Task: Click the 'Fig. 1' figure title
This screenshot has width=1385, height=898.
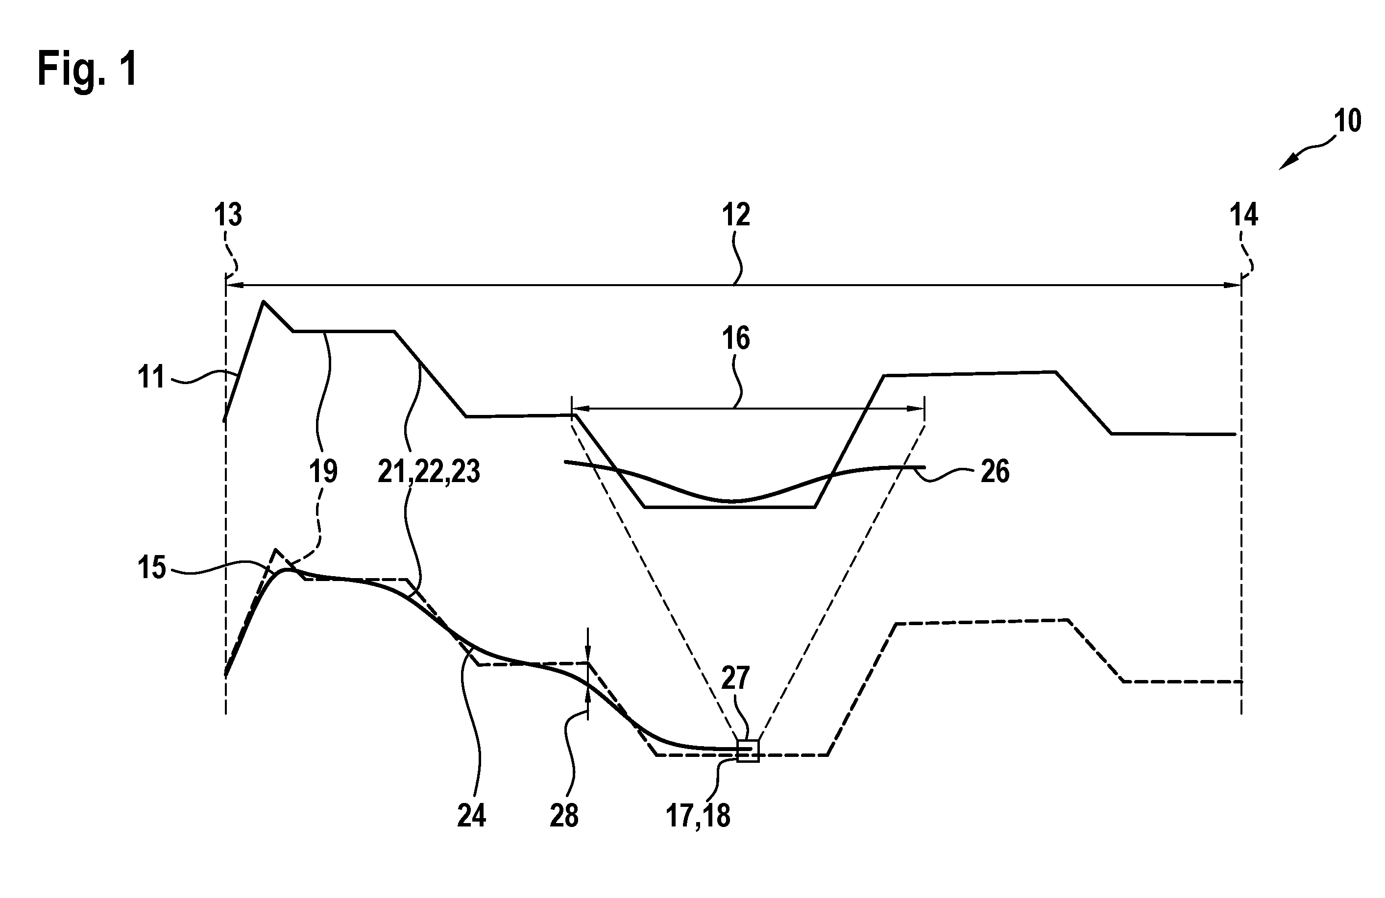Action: tap(87, 69)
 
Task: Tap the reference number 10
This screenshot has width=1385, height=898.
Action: tap(1347, 121)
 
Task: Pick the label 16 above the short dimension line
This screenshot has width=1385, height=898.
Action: tap(736, 338)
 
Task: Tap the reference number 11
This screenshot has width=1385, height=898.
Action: tap(151, 377)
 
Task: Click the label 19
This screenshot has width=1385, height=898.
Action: tap(323, 471)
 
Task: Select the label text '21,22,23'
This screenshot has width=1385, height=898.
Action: tap(429, 471)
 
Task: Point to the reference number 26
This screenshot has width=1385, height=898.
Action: tap(995, 471)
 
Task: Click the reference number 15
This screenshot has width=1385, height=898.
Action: tap(151, 567)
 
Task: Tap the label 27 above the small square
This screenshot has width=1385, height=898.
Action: tap(736, 679)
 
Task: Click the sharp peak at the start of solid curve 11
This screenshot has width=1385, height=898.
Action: tap(264, 301)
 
